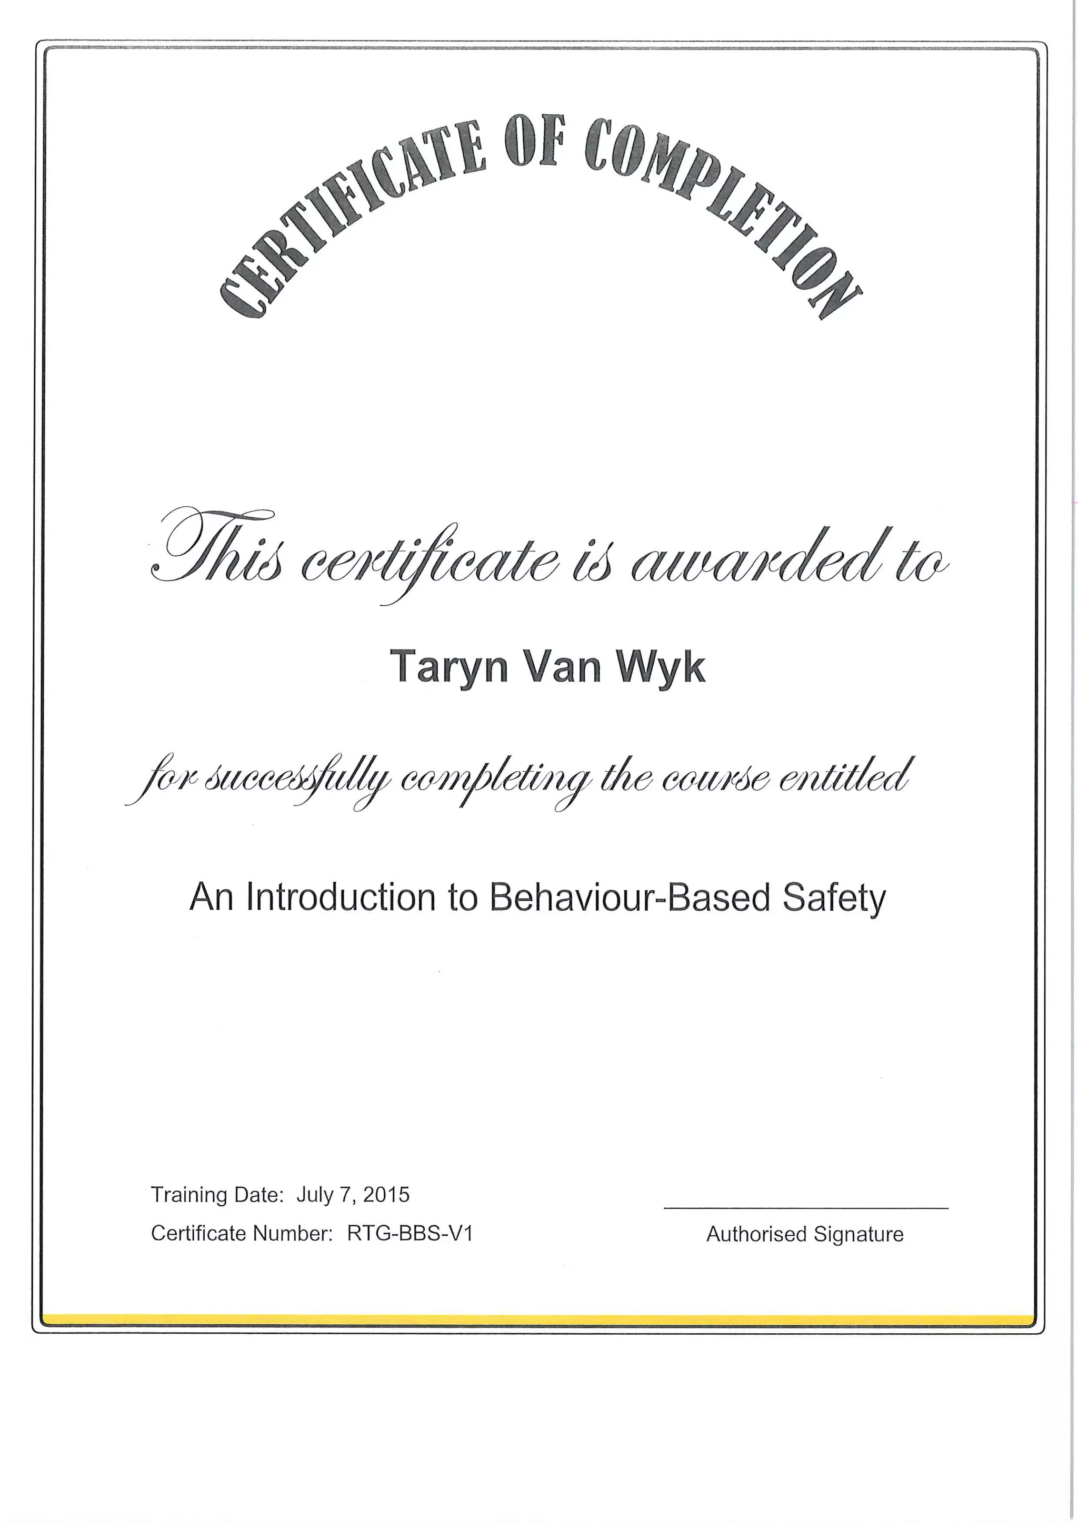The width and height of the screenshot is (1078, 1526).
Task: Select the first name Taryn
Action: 448,667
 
